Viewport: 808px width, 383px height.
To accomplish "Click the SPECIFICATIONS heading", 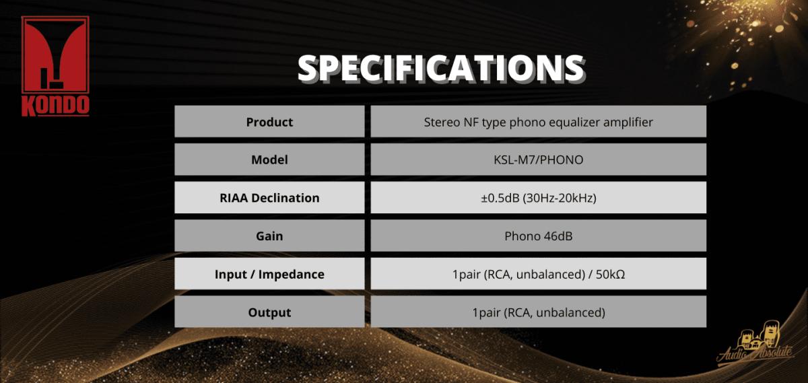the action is tap(441, 69).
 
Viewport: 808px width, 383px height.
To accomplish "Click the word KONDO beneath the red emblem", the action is tap(55, 106).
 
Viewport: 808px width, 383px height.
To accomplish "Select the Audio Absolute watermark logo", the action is tap(755, 344).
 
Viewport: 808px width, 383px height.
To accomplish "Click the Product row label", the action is tap(269, 122).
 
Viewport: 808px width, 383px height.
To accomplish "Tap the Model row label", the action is tap(269, 160).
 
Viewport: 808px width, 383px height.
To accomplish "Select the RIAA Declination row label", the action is tap(269, 198).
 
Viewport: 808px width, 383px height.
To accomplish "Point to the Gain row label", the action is tap(269, 236).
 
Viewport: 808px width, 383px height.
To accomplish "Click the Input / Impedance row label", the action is tap(269, 274).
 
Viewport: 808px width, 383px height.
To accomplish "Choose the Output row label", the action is tap(269, 312).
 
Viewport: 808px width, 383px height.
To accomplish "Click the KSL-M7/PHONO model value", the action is tap(538, 160).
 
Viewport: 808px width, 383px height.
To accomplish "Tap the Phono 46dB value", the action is tap(538, 236).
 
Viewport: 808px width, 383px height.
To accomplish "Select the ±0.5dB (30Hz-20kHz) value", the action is tap(538, 198).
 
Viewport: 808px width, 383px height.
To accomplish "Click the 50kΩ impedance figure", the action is tap(610, 274).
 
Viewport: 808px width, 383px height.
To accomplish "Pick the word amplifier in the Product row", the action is tap(628, 123).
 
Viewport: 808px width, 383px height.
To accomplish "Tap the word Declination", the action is tap(285, 198).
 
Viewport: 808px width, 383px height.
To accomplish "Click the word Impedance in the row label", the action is tap(292, 275).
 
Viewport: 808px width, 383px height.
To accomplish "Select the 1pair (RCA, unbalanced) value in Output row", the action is tap(539, 312).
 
